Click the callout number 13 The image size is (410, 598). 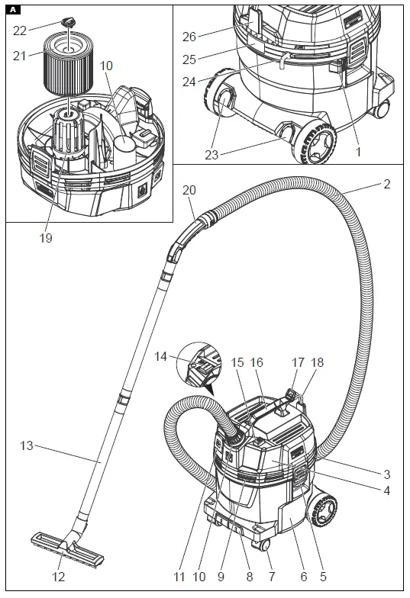[26, 445]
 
